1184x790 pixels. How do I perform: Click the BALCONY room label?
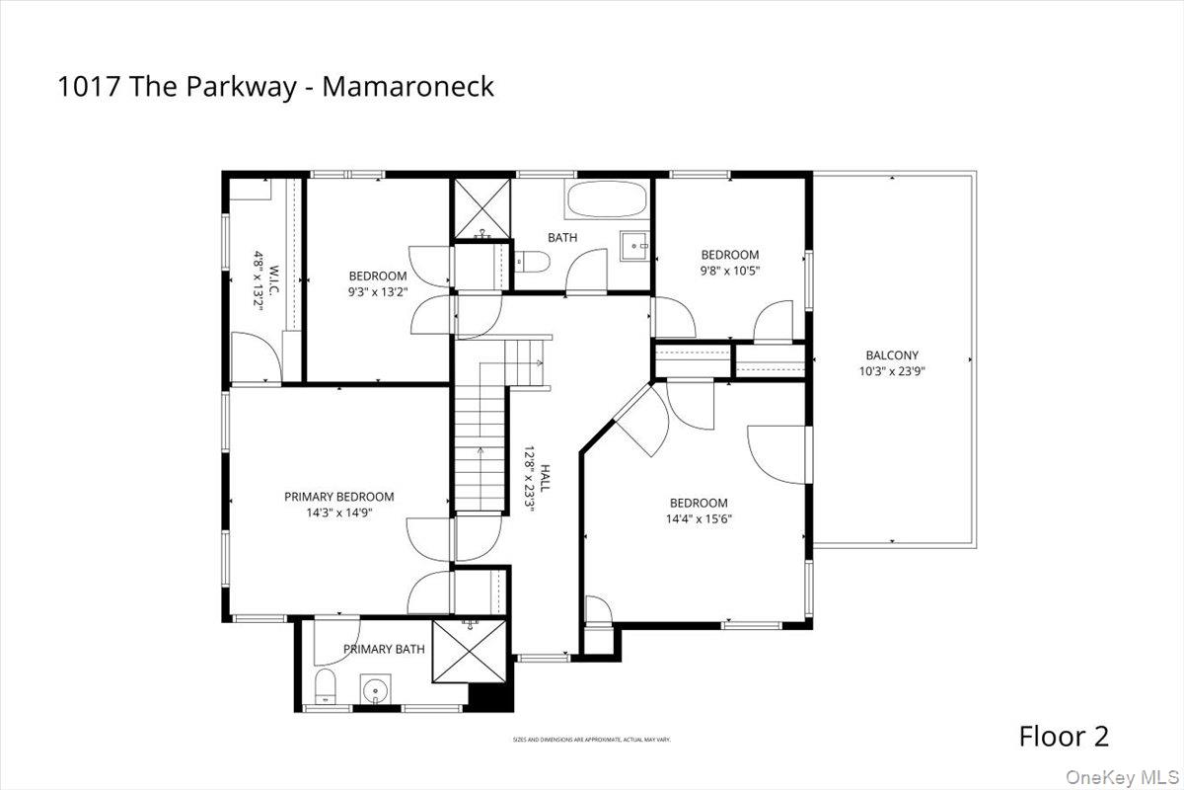point(892,355)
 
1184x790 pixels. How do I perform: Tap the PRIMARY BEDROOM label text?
point(338,497)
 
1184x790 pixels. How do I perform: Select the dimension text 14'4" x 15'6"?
point(699,518)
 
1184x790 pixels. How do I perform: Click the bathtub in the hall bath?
point(607,201)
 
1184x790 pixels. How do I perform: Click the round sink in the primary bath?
point(375,689)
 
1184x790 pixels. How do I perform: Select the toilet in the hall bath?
point(535,262)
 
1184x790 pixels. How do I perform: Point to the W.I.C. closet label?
point(260,281)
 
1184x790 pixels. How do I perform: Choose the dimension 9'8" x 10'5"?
point(729,271)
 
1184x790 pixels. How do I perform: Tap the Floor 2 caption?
point(1064,736)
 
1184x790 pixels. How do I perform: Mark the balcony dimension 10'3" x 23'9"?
point(892,372)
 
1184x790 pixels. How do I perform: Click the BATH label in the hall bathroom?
point(562,237)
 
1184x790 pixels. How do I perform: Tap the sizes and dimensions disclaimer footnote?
point(591,739)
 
